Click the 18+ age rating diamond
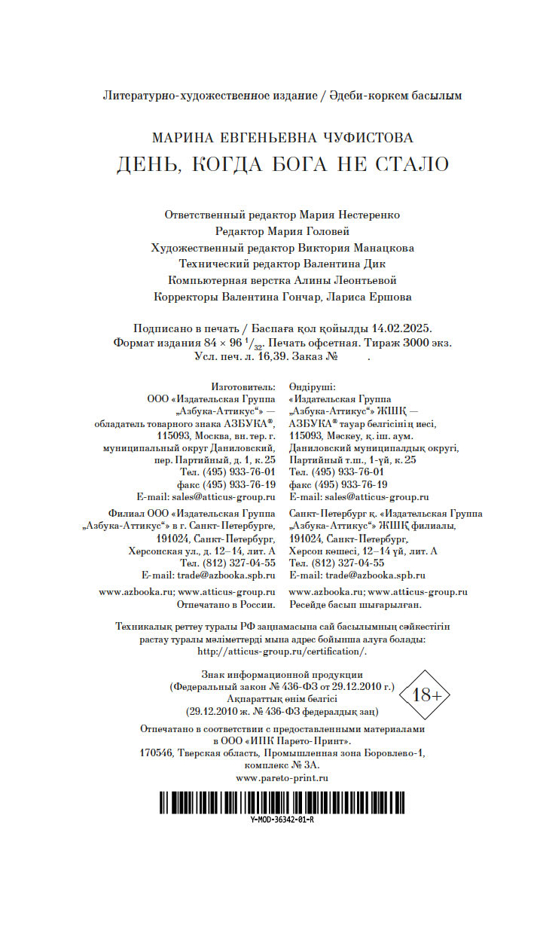tap(427, 694)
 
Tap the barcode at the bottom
tap(282, 802)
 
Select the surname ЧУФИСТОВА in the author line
tap(366, 138)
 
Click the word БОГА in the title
tap(292, 164)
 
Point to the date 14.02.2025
tap(401, 328)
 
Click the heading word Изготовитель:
tap(243, 386)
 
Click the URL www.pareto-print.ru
tap(282, 777)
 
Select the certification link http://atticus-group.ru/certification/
tap(282, 651)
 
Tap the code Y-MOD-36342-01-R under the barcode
tap(282, 820)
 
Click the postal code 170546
tap(157, 752)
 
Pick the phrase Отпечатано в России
tap(226, 604)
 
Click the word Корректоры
tap(185, 297)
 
